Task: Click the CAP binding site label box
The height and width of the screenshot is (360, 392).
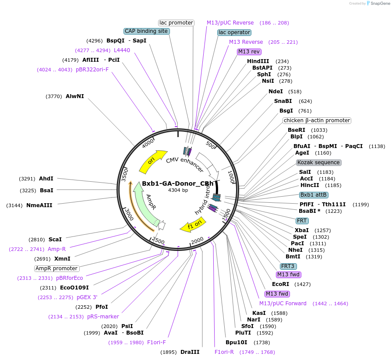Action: (x=146, y=31)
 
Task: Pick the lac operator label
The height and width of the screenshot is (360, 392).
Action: (x=234, y=32)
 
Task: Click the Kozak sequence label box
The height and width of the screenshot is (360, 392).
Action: (x=318, y=162)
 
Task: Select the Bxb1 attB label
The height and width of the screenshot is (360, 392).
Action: (x=314, y=194)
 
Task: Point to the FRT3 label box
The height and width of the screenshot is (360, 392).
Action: (x=288, y=266)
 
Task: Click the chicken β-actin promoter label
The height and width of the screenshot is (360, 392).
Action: (x=317, y=120)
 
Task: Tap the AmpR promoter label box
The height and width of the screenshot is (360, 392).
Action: (x=57, y=268)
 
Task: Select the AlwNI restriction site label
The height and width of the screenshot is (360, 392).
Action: (x=74, y=96)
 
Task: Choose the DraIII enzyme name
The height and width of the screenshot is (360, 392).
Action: (x=190, y=352)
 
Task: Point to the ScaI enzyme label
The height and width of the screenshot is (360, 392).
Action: (x=55, y=240)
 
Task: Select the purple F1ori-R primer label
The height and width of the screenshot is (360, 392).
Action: (x=224, y=352)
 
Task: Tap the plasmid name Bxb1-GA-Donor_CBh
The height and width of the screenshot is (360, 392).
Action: (x=178, y=184)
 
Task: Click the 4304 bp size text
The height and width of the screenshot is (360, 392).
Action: (x=178, y=191)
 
